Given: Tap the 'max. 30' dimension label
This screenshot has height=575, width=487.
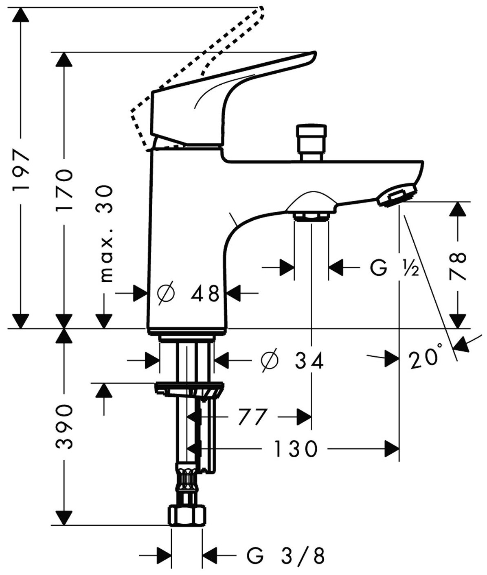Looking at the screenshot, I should click(x=105, y=234).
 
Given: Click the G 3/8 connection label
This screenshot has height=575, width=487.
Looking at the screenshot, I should click(x=285, y=555).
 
